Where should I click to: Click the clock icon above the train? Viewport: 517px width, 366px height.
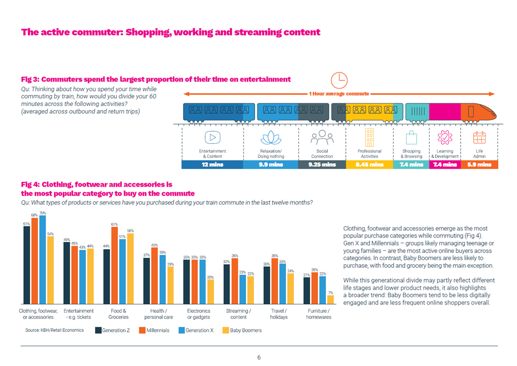pos(339,80)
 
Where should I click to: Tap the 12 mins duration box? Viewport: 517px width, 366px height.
pos(212,164)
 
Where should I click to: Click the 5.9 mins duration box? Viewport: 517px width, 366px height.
pos(479,164)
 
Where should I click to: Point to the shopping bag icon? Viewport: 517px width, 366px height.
pos(412,138)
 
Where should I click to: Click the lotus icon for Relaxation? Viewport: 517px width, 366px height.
pos(270,138)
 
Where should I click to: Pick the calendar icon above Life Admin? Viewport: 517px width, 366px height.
pos(479,138)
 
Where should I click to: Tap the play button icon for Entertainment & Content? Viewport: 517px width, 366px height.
pos(212,138)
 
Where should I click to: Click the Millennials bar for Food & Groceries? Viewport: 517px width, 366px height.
pos(115,265)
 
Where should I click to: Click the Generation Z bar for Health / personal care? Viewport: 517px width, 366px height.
pos(147,281)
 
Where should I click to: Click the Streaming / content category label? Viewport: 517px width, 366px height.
pos(238,314)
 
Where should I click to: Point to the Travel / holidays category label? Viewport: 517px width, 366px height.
pos(279,314)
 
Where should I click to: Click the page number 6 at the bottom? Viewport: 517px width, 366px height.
pos(259,357)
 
